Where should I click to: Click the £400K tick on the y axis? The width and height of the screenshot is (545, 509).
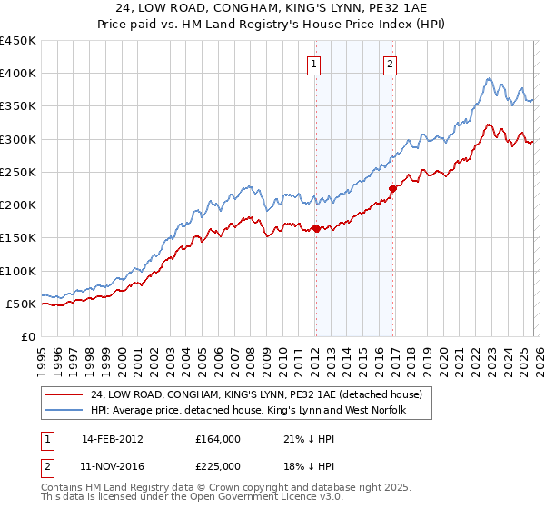point(18,74)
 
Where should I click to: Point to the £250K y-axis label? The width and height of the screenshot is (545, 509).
point(18,172)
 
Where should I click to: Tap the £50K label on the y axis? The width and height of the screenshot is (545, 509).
point(22,304)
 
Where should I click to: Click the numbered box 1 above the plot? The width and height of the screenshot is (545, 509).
point(313,64)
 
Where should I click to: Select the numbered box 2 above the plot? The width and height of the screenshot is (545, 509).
point(390,64)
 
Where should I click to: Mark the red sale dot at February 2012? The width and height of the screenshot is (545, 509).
point(315,228)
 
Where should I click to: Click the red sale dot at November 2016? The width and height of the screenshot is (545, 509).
point(392,188)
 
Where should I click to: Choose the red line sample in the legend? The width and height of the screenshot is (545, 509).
point(64,395)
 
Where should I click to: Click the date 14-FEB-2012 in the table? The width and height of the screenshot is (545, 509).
point(112,438)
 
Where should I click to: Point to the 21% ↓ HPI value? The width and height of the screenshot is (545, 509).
point(309,438)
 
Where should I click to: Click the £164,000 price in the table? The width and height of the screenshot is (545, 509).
point(218,438)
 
